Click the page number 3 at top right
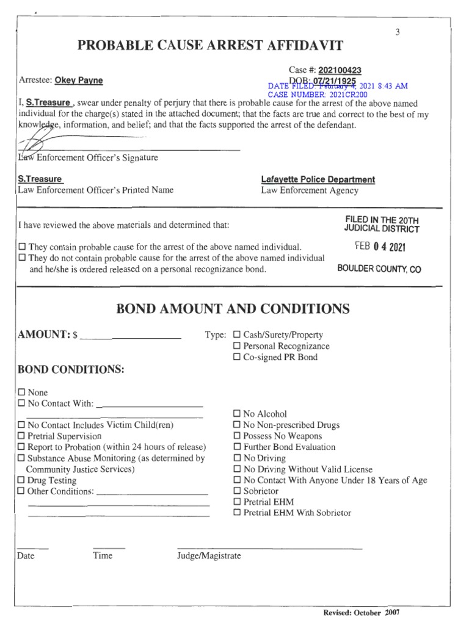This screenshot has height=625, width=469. click(x=397, y=32)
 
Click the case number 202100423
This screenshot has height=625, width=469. click(x=344, y=71)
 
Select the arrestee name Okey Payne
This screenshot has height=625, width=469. click(x=79, y=81)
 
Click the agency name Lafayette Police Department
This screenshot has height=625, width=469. click(x=318, y=179)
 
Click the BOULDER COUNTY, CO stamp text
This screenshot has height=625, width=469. click(x=379, y=269)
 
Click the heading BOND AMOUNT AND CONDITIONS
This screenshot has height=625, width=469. click(x=233, y=309)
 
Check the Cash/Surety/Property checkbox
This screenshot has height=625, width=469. click(x=237, y=335)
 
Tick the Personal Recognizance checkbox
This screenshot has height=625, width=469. click(x=237, y=346)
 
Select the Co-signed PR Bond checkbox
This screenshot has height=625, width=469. click(x=237, y=357)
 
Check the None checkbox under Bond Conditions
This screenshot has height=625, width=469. click(x=22, y=392)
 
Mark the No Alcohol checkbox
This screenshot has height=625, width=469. click(x=237, y=414)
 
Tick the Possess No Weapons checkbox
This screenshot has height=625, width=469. click(x=237, y=436)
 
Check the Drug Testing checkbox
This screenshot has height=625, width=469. click(x=22, y=481)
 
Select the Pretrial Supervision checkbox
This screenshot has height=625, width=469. click(x=22, y=436)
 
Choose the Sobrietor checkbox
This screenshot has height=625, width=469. click(x=237, y=491)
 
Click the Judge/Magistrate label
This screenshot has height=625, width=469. click(x=209, y=555)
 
